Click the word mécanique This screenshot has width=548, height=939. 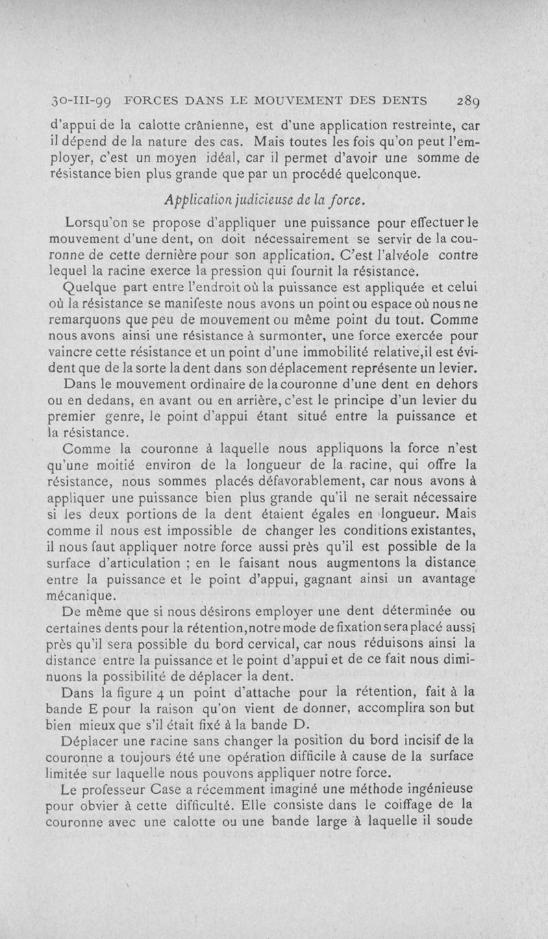click(x=84, y=595)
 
